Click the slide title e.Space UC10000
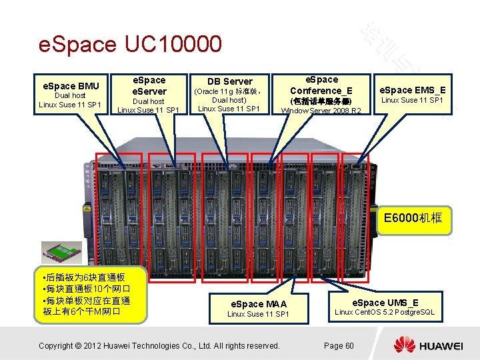pos(130,45)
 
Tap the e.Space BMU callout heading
pos(71,85)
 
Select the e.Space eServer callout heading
pos(149,85)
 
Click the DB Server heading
pos(229,81)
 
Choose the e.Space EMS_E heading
pos(413,89)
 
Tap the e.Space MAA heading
pos(258,304)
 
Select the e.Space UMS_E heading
pos(385,302)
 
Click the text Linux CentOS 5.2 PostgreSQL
pos(385,312)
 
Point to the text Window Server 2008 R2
pos(321,110)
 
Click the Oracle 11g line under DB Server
pos(230,91)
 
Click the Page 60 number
pos(339,345)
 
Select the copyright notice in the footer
pos(159,345)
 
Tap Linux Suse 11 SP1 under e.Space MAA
pos(258,314)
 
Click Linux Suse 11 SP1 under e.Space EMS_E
pos(413,100)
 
